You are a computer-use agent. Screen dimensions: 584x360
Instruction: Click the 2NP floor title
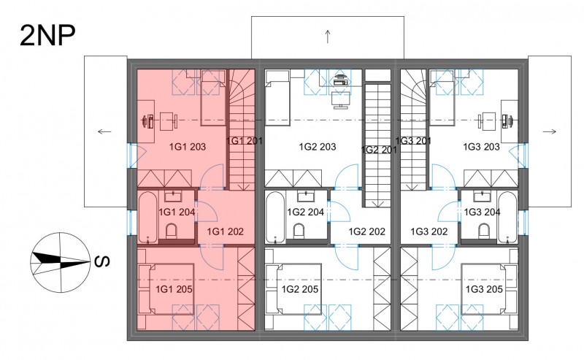tap(47, 36)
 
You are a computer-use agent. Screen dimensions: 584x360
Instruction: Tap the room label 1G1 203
tap(188, 147)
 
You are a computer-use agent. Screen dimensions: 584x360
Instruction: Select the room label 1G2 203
tap(318, 147)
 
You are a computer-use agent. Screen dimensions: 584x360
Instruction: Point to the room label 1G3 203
tap(481, 147)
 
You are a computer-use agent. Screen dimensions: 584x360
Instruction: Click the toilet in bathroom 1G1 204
tap(172, 231)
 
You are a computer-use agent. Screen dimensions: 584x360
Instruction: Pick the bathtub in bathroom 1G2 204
tap(275, 217)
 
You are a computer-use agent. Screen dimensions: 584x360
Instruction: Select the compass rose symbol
tap(61, 263)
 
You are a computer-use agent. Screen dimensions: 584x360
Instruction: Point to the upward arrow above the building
tap(328, 37)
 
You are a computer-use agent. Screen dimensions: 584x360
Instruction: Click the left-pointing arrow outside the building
tap(104, 131)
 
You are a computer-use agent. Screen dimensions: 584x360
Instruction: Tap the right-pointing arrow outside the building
tap(550, 131)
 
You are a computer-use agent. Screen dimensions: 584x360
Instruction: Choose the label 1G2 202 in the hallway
tap(367, 231)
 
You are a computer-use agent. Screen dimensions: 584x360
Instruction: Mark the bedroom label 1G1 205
tap(174, 289)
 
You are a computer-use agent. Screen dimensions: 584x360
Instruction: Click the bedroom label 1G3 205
tap(484, 289)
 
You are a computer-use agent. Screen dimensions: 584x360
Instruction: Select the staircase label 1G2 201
tap(379, 150)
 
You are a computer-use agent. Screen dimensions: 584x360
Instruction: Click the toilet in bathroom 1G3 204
tap(484, 231)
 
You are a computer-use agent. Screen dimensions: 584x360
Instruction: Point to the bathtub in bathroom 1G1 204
tap(148, 217)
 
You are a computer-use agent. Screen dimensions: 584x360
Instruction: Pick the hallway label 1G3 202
tap(429, 231)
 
